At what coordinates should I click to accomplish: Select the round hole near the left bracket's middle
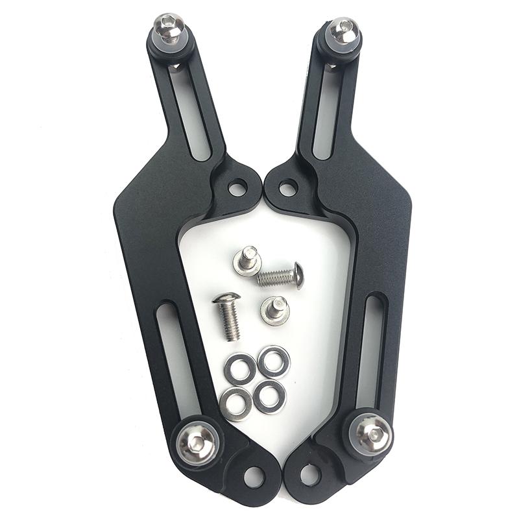pos(238,189)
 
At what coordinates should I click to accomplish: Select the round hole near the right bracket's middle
pos(288,189)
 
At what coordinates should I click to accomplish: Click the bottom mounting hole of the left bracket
pos(254,477)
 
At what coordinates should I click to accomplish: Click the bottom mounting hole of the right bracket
pos(310,476)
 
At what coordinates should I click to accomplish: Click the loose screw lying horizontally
pos(282,276)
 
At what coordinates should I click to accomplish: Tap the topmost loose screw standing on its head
pos(247,261)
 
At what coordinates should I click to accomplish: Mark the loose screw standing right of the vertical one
pos(275,310)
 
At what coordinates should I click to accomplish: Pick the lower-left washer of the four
pos(236,404)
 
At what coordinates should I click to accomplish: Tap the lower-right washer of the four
pos(269,395)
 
